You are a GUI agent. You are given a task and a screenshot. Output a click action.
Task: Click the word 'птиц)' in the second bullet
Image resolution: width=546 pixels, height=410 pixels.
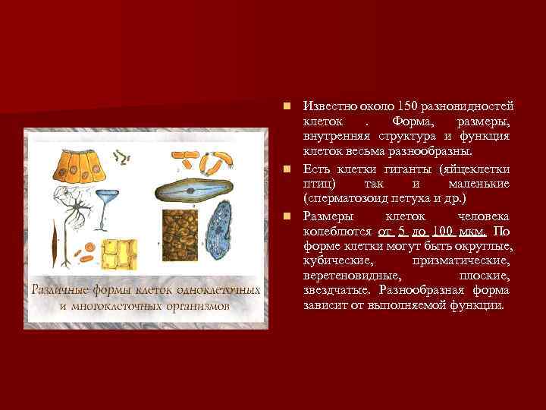[317, 184]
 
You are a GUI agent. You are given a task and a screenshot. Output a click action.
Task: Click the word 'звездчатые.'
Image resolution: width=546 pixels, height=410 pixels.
[332, 292]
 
